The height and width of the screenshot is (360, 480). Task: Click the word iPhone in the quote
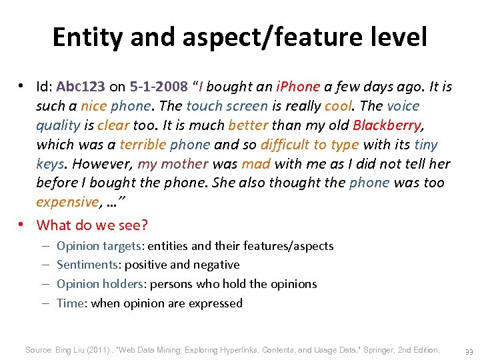(x=299, y=87)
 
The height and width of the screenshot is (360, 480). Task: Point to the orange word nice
(x=93, y=106)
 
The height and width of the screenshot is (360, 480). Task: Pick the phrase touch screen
(x=227, y=106)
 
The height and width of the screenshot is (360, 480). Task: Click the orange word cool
(x=339, y=106)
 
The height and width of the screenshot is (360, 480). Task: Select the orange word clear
(x=113, y=125)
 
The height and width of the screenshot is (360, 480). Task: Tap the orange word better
(x=247, y=125)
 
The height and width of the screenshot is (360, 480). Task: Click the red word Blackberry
(x=387, y=125)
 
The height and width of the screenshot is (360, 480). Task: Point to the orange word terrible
(x=143, y=145)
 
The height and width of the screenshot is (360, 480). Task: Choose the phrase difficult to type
(x=309, y=145)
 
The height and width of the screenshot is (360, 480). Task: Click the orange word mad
(x=255, y=164)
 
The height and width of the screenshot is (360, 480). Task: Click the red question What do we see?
(x=92, y=225)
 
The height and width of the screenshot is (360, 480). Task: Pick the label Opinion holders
(x=100, y=284)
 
